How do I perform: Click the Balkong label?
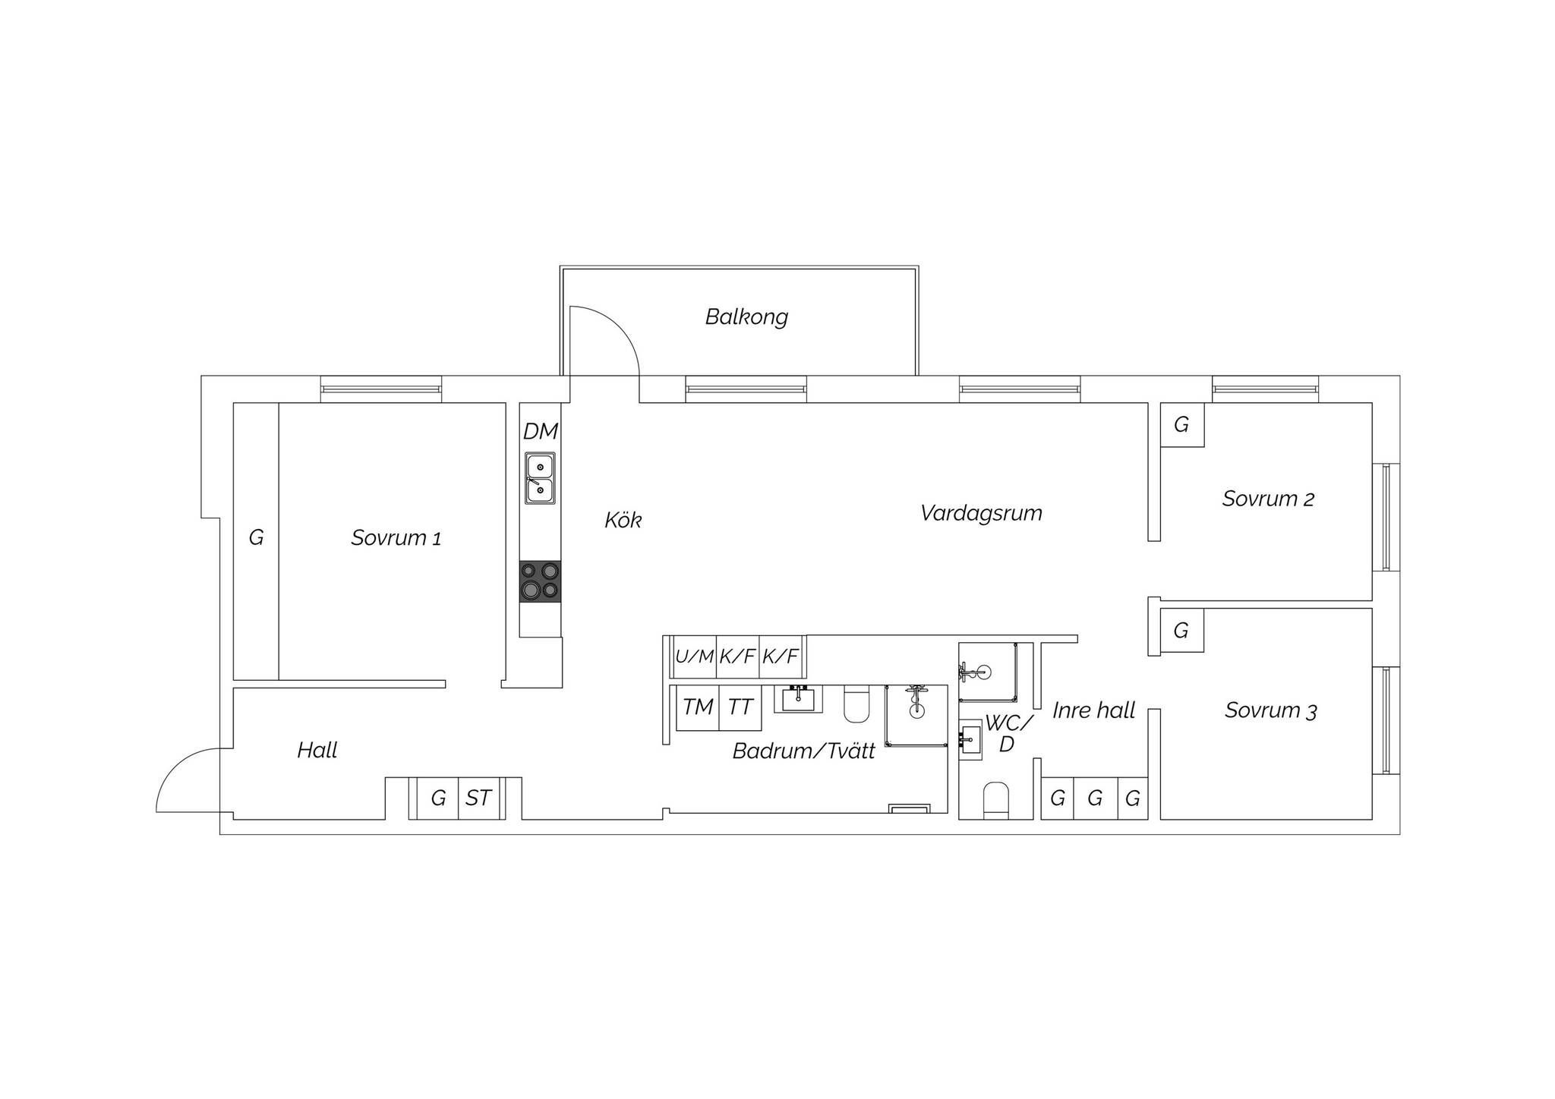[x=746, y=316]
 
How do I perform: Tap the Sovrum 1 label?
[x=396, y=538]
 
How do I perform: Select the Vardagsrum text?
[x=981, y=514]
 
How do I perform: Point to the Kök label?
[x=623, y=520]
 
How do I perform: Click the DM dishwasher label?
[x=541, y=432]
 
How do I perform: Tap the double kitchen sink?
[x=541, y=478]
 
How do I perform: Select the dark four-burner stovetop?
[x=541, y=581]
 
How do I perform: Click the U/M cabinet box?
[x=695, y=657]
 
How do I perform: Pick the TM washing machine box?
[x=698, y=707]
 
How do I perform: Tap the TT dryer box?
[x=740, y=707]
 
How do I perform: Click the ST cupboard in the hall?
[x=479, y=798]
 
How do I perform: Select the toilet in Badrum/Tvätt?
[x=856, y=704]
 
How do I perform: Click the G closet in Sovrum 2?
[x=1182, y=425]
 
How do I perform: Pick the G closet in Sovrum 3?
[x=1181, y=630]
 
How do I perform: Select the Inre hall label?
[x=1094, y=711]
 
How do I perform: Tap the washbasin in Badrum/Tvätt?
[x=798, y=698]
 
